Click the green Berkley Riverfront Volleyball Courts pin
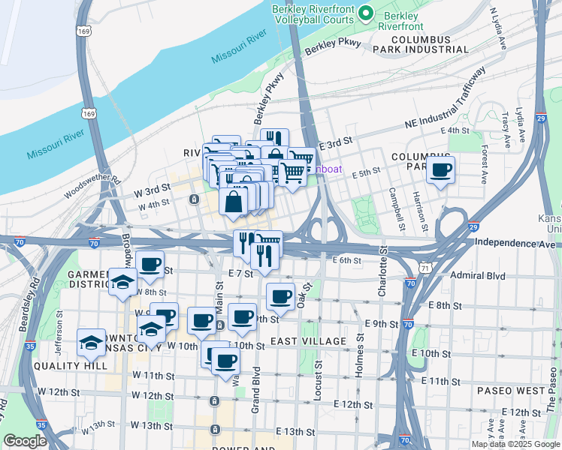click(x=366, y=13)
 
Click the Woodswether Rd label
click(x=92, y=187)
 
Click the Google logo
click(x=26, y=441)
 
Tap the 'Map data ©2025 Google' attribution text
click(x=515, y=444)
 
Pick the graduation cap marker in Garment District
click(x=123, y=282)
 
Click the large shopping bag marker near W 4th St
click(x=234, y=201)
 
